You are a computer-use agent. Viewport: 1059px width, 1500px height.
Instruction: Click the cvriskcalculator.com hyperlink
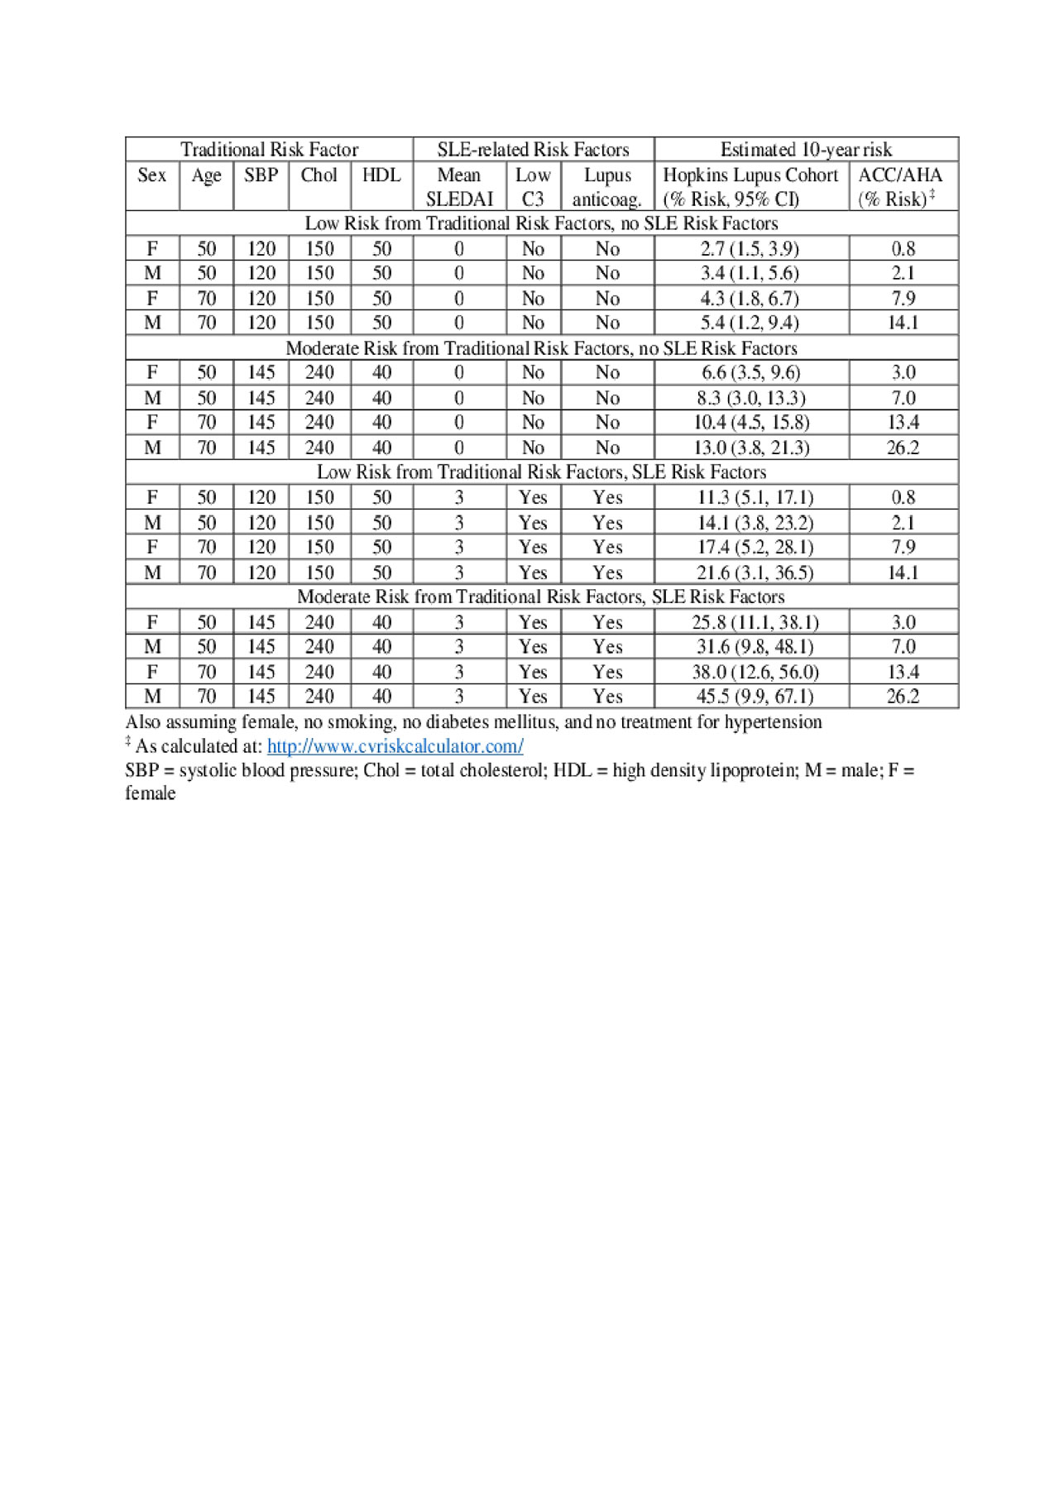(x=395, y=746)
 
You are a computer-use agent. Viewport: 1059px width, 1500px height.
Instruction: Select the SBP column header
(x=261, y=175)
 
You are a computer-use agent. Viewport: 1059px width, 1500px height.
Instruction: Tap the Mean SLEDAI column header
(x=459, y=187)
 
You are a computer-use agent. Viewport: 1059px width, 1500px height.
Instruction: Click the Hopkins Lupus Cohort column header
(x=750, y=187)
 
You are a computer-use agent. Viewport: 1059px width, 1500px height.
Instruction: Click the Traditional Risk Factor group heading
(x=269, y=150)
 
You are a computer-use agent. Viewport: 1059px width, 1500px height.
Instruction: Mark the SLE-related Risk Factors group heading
(x=533, y=150)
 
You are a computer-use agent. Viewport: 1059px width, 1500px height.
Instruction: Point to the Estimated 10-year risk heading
(x=806, y=150)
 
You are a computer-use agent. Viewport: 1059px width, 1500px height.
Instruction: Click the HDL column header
(x=381, y=175)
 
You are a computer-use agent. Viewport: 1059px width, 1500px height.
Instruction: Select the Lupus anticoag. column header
(x=607, y=187)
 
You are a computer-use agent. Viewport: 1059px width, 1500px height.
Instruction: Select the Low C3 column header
(x=533, y=187)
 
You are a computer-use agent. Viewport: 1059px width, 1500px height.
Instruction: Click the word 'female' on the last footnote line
(x=151, y=793)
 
